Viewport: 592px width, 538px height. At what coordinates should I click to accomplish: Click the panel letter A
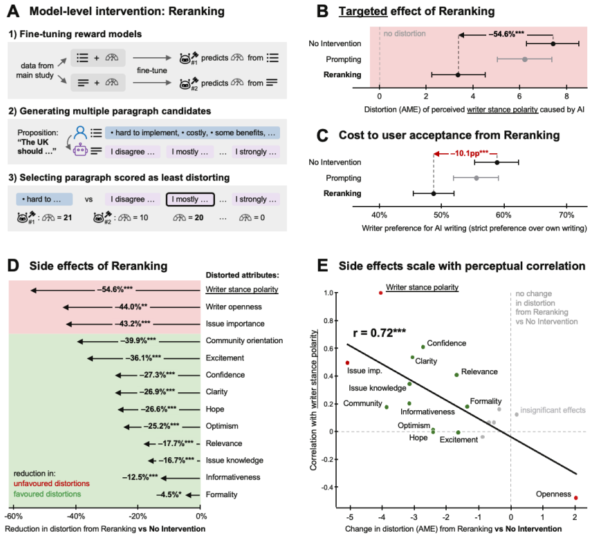point(13,11)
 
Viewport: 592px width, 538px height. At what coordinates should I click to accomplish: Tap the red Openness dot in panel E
point(576,498)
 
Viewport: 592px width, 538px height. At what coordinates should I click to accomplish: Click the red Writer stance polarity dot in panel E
point(380,293)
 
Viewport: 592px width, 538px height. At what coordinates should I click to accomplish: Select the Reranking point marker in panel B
point(458,75)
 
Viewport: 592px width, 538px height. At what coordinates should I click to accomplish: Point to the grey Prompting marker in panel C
point(477,178)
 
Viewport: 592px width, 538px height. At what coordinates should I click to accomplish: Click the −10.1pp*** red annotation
point(469,153)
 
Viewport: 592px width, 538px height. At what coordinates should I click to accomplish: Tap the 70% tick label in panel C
point(566,215)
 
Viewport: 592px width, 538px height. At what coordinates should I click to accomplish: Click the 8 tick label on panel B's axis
point(566,96)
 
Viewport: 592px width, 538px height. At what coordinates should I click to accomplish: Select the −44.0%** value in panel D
point(131,307)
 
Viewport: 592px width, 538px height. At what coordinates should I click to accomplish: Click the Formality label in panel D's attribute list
point(221,494)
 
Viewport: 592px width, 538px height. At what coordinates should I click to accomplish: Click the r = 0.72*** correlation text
point(380,333)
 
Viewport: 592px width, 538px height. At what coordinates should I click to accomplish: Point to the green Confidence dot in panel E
point(423,347)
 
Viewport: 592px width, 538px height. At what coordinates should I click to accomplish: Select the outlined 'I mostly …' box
point(190,199)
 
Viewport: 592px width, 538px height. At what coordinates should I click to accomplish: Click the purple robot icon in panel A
point(80,151)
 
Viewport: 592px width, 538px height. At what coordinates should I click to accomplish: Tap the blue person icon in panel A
point(80,133)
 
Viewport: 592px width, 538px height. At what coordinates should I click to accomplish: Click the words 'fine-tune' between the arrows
point(151,70)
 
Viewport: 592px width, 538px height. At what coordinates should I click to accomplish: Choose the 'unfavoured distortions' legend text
point(52,483)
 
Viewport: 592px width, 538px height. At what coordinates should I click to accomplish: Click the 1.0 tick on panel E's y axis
point(328,293)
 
